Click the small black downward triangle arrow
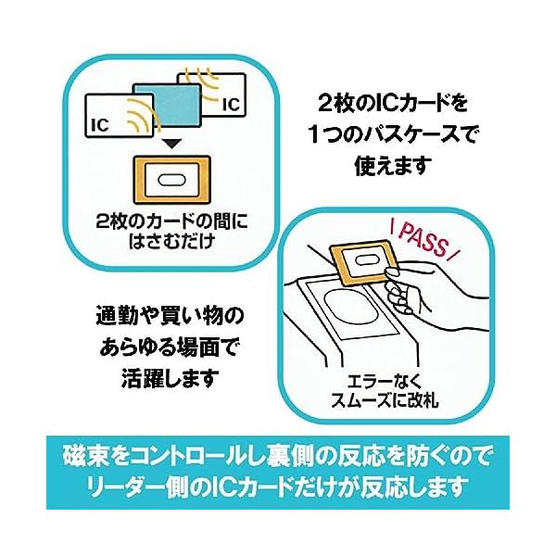pyautogui.click(x=170, y=145)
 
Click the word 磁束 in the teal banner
pyautogui.click(x=83, y=458)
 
